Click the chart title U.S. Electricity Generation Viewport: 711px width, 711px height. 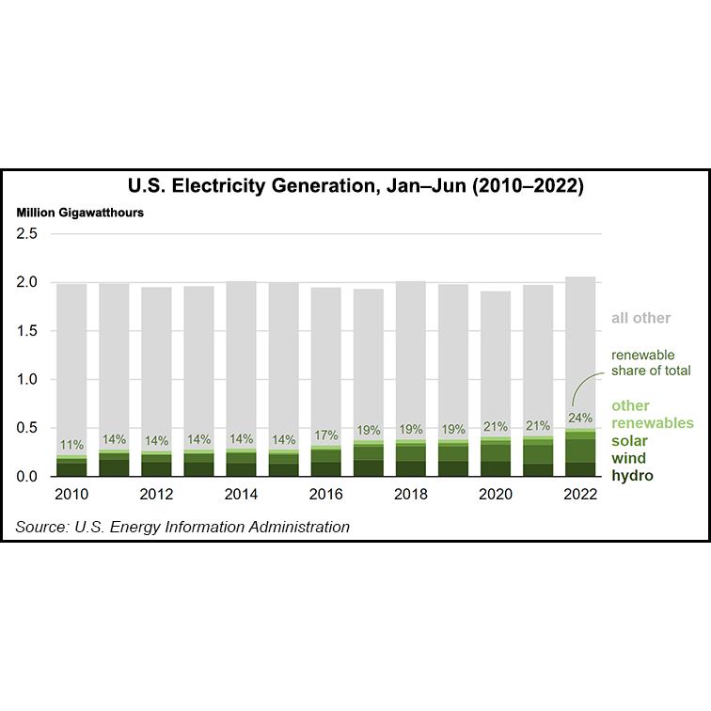tap(355, 186)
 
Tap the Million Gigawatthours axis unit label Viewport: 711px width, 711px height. tap(80, 213)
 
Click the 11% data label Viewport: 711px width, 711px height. tap(71, 445)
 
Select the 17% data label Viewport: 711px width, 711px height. tap(325, 435)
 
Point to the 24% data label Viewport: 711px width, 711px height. tap(580, 418)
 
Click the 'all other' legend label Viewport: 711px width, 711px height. tap(640, 318)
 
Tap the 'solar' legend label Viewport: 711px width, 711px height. tap(629, 441)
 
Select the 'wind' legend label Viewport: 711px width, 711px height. tap(629, 458)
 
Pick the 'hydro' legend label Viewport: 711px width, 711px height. tap(632, 476)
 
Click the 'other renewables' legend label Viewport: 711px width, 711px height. tap(652, 415)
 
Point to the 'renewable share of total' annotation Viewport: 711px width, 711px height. tap(651, 363)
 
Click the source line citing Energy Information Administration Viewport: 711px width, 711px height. tap(182, 527)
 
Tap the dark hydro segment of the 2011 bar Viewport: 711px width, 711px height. tap(114, 467)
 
